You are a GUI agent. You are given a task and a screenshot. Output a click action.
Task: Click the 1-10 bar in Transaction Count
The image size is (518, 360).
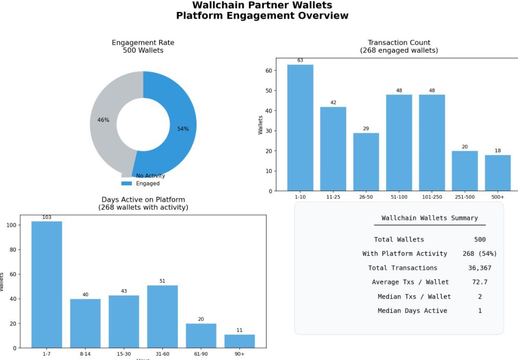300,128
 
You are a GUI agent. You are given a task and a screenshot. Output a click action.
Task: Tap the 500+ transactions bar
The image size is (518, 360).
497,173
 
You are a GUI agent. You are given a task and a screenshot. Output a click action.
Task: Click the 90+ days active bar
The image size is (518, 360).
239,341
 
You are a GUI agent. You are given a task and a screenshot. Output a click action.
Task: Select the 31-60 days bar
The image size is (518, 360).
162,316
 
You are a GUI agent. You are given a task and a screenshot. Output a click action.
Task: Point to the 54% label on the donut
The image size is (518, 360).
183,129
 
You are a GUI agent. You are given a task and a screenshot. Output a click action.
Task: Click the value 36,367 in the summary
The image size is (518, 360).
480,268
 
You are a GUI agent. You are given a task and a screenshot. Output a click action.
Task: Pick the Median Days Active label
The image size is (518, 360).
412,311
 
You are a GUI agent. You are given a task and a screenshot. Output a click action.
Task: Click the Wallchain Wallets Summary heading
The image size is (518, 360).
430,218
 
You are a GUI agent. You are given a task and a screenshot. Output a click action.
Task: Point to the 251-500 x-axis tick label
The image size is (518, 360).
464,197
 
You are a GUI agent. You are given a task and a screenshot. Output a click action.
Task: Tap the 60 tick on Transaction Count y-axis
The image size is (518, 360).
269,70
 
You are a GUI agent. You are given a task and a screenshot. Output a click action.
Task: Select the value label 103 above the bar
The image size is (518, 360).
47,218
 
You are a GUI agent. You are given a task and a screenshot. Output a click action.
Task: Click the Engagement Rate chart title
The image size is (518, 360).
143,43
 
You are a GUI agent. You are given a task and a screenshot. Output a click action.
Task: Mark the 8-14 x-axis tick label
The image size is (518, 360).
85,354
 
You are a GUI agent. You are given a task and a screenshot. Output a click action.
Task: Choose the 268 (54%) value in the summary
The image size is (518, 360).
480,254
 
